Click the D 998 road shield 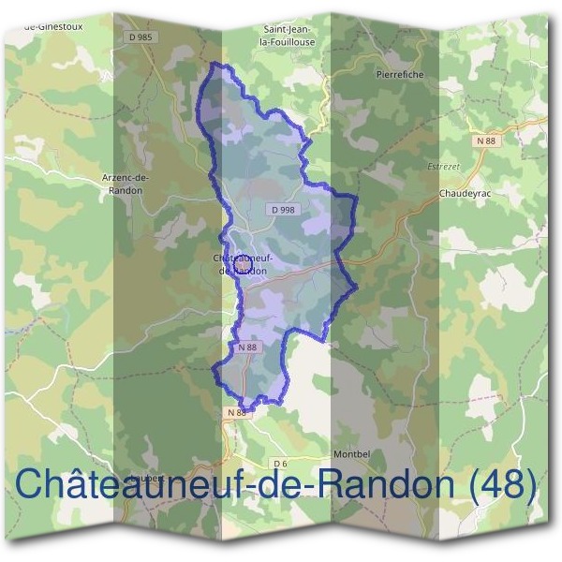pos(282,210)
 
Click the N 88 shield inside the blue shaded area pos(246,347)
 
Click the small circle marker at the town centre pos(243,263)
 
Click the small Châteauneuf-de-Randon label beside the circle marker pos(243,263)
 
